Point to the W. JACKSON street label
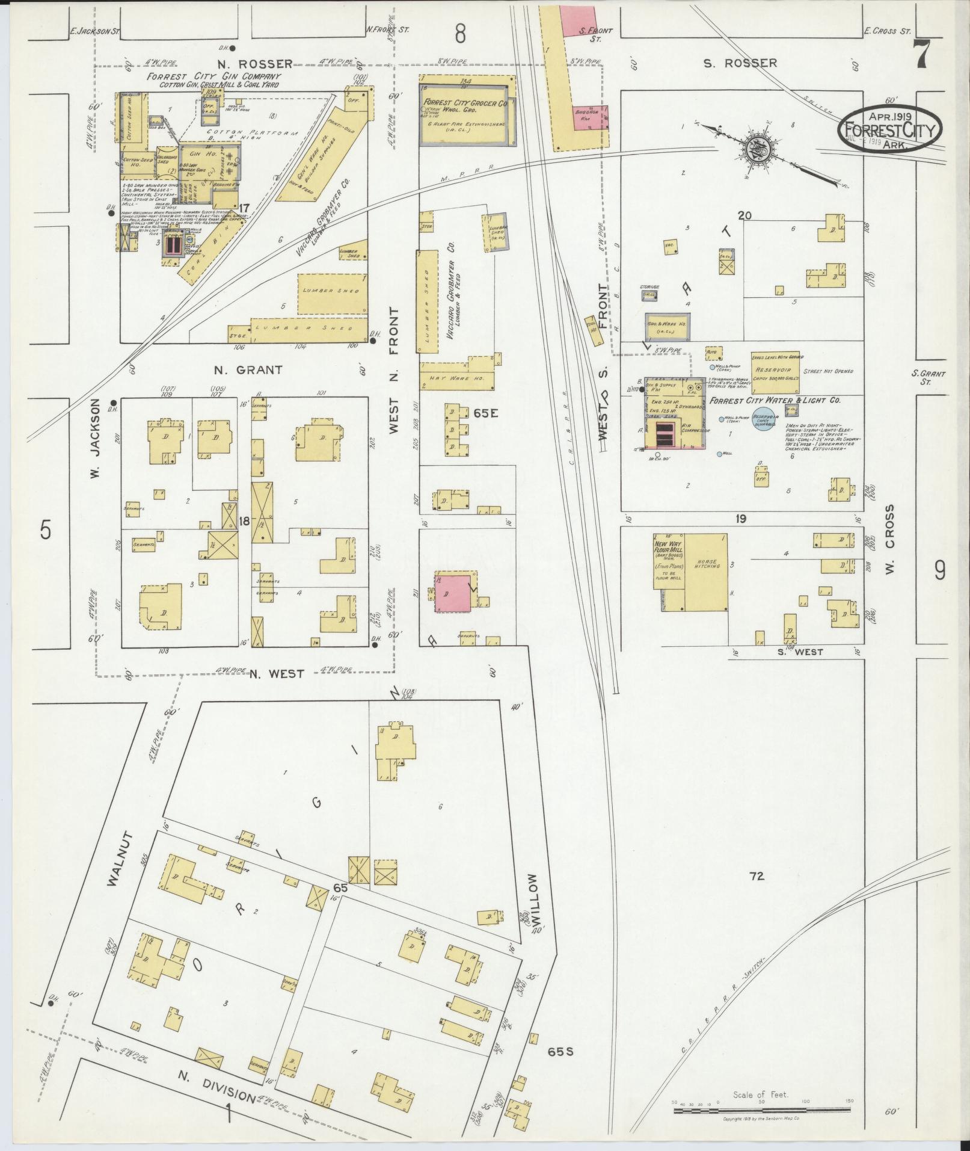coord(95,440)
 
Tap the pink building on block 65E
coord(454,592)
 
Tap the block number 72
coord(757,877)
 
